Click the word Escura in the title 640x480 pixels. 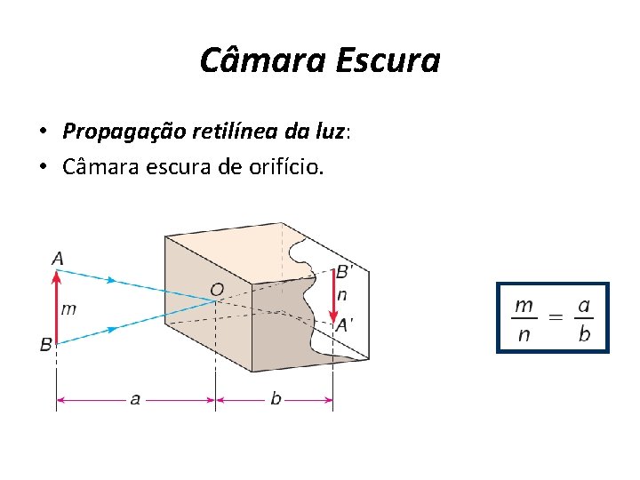388,60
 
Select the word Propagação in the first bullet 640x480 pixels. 123,132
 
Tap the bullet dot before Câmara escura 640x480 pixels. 42,166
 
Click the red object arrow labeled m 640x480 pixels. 56,308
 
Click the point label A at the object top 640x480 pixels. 57,259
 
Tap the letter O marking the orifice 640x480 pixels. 216,289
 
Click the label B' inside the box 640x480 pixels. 342,271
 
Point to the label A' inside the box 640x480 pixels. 343,325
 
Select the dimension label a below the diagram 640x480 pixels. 135,400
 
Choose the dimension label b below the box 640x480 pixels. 276,400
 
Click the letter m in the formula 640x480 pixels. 524,305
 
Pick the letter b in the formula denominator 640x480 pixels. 583,335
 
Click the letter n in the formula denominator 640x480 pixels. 524,335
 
